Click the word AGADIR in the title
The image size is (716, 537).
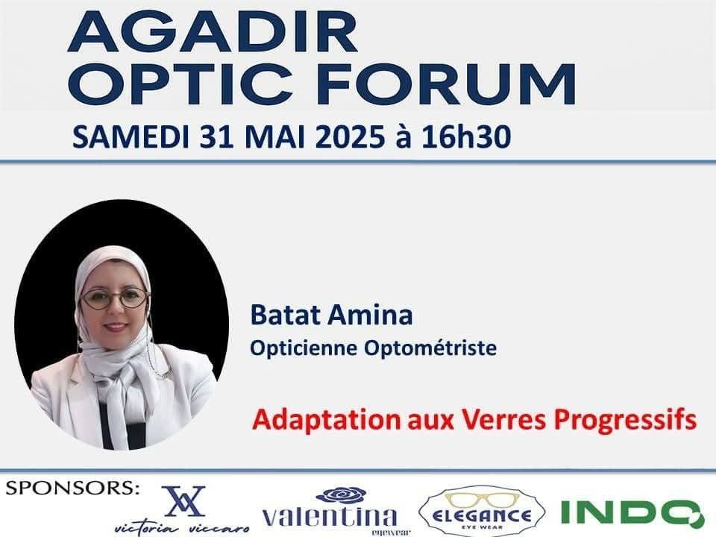[x=213, y=32]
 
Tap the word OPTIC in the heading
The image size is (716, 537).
[x=180, y=84]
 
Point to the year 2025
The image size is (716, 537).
[x=350, y=137]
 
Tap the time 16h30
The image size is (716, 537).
[x=465, y=137]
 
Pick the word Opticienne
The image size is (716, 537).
[x=304, y=348]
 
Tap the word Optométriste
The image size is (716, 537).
[x=430, y=348]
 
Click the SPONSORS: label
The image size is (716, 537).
[x=72, y=488]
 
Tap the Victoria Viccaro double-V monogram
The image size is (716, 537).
[x=183, y=501]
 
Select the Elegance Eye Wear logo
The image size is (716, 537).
[x=482, y=512]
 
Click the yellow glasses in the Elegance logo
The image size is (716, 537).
[x=483, y=500]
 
